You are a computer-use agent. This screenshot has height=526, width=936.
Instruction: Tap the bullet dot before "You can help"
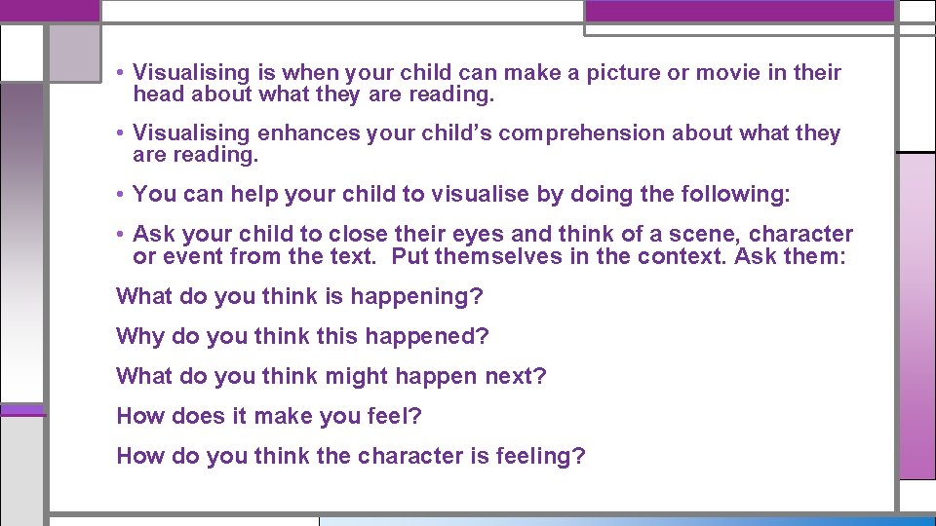118,194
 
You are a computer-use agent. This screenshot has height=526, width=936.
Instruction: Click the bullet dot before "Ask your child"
118,235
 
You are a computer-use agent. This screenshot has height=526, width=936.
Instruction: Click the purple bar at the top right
738,11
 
